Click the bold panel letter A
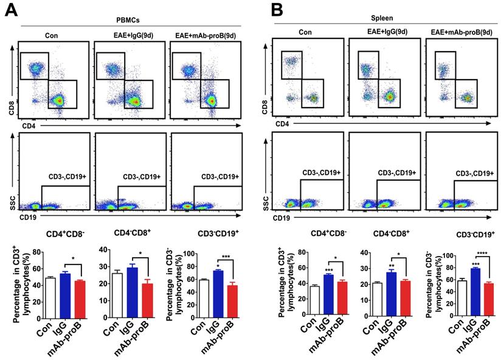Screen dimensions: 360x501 (10, 10)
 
